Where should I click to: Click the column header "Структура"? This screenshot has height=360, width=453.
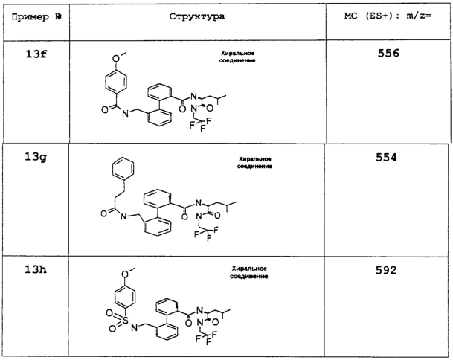point(197,16)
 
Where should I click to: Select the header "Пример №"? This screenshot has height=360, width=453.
point(36,17)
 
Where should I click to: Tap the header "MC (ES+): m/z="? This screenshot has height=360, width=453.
point(388,16)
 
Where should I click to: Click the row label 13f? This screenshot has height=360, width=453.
point(36,54)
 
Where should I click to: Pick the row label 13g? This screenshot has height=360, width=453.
point(36,158)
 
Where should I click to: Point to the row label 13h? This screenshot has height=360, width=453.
point(36,269)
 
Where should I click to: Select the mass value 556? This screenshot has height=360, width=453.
point(388,53)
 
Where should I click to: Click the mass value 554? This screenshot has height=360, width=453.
point(386,158)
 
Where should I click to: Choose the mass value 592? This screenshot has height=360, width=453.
point(386,270)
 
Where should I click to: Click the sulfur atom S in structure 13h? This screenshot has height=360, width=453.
point(125,320)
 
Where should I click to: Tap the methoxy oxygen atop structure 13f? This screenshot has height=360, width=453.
point(116,59)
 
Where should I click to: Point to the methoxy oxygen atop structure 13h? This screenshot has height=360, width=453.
point(125,274)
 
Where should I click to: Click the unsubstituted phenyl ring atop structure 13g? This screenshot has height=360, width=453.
point(123,168)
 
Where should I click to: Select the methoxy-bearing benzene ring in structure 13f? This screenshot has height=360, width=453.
point(115,82)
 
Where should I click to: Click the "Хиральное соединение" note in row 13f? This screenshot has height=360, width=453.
point(237,57)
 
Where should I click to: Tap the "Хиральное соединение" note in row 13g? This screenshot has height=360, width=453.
point(254,163)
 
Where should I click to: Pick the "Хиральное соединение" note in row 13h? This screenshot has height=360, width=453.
point(248,272)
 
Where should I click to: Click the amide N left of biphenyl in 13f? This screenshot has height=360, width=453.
point(125,114)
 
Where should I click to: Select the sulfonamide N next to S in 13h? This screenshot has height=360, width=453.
point(135,327)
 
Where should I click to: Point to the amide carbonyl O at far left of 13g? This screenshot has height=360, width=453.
point(104,213)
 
